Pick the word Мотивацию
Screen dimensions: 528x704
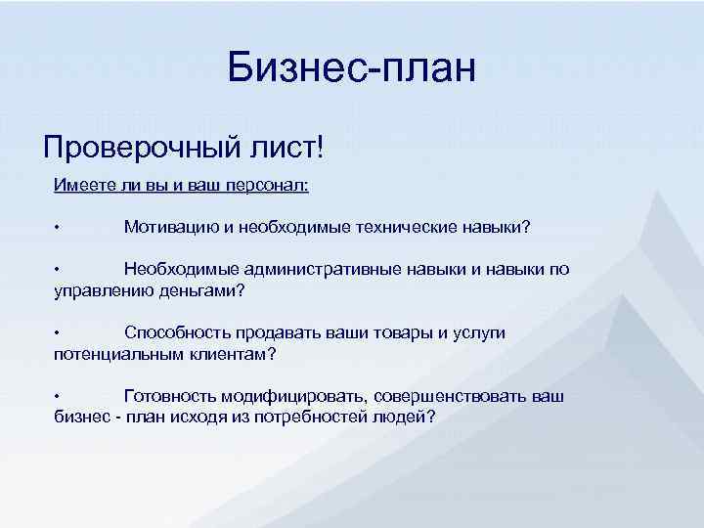tap(171, 227)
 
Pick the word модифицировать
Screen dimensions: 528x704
tap(293, 395)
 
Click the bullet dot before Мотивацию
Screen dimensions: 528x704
tap(58, 228)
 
